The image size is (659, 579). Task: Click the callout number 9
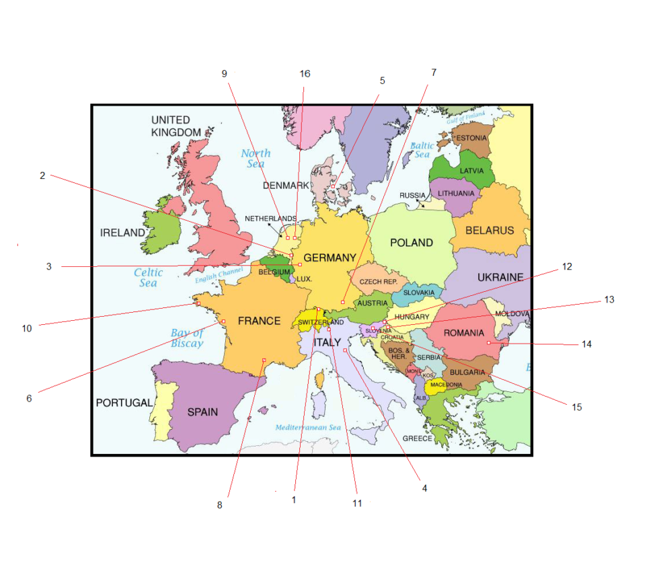[225, 73]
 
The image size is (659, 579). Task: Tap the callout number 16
[305, 73]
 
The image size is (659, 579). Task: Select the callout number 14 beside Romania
[587, 344]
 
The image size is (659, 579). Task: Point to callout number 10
[27, 328]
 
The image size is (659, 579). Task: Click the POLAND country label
[411, 242]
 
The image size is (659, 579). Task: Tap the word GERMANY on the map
[329, 258]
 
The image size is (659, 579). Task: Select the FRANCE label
[259, 321]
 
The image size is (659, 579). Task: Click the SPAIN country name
[202, 412]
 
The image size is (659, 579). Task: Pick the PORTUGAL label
[124, 403]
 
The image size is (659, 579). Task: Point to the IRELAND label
[122, 233]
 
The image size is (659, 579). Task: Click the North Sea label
[256, 159]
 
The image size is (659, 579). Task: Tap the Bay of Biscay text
[187, 338]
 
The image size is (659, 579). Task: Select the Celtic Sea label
[148, 278]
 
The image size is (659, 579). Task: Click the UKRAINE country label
[500, 277]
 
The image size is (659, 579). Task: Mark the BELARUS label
[490, 230]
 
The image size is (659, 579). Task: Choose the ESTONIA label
[471, 138]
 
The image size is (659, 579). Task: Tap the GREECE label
[418, 438]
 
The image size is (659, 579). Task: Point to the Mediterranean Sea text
[308, 428]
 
